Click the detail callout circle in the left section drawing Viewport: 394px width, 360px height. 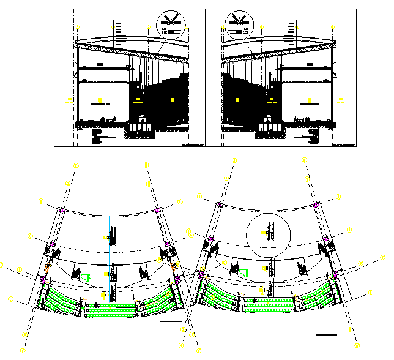(171, 25)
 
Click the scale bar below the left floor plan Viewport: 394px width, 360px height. (171, 321)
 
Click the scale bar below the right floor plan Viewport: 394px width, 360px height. (327, 334)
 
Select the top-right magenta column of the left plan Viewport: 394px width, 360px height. (158, 211)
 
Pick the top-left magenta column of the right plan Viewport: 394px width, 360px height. (220, 204)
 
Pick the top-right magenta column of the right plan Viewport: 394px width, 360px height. (316, 204)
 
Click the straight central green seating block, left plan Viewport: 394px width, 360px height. (110, 309)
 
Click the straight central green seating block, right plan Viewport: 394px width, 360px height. (267, 301)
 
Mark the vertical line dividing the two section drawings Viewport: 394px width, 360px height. (205, 78)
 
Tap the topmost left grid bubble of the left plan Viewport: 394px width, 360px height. (76, 165)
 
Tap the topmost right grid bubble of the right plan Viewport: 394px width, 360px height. (305, 160)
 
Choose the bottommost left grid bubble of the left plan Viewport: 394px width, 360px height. (23, 351)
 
